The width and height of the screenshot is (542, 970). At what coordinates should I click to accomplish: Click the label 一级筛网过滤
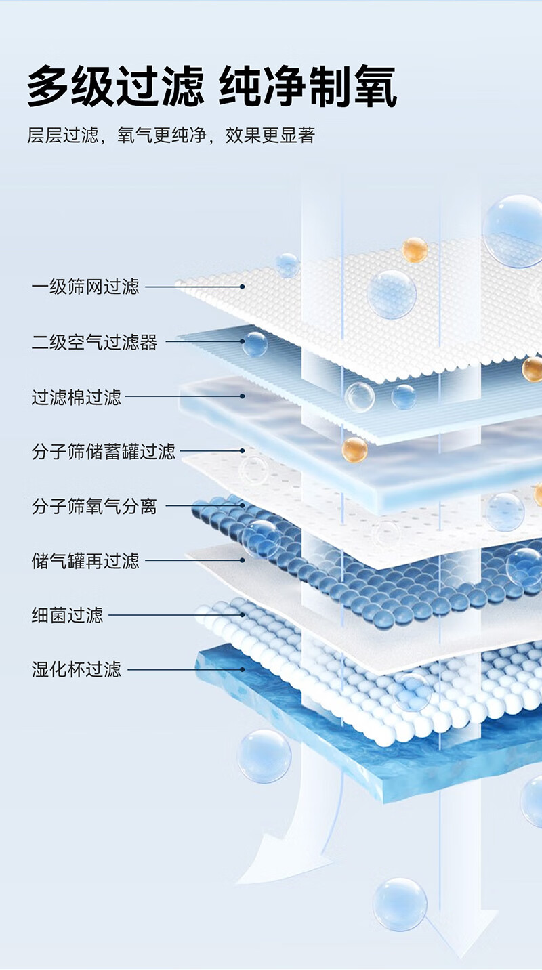tap(85, 287)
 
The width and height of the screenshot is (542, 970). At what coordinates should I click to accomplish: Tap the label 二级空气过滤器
tap(94, 341)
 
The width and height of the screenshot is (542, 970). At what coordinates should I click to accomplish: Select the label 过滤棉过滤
tap(76, 397)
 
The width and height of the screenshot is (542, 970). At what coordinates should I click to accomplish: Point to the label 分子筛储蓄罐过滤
tap(103, 451)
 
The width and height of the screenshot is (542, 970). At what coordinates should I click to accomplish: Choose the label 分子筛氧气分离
tap(94, 506)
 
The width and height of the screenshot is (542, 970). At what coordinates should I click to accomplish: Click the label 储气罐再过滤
tap(85, 560)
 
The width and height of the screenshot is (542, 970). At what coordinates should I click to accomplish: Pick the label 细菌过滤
tap(67, 615)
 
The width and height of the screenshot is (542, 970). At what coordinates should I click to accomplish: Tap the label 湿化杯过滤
tap(76, 669)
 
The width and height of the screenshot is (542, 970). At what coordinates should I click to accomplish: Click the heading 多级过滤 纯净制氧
tap(212, 86)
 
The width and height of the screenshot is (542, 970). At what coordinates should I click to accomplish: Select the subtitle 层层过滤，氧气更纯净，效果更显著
tap(171, 135)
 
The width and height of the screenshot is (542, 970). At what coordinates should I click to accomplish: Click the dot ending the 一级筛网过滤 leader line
tap(243, 287)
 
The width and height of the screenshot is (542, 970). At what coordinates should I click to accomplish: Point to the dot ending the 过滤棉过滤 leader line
tap(243, 396)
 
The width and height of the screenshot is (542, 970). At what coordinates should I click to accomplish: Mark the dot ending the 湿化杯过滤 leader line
tap(243, 669)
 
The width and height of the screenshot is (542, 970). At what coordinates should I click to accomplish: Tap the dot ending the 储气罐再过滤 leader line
tap(243, 560)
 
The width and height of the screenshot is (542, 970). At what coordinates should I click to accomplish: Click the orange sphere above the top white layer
tap(415, 250)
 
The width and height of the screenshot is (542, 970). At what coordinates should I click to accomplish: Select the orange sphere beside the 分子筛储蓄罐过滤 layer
tap(354, 450)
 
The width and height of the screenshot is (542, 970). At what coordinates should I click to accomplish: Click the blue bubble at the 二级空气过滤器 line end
tap(255, 344)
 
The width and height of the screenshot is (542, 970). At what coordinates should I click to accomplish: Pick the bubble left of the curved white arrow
tap(264, 756)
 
